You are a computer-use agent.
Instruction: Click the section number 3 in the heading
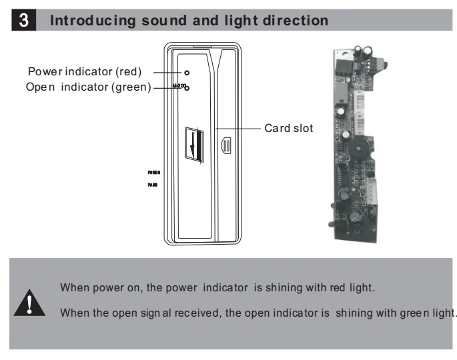[x=24, y=20]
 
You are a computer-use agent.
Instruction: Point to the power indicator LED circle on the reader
[x=187, y=72]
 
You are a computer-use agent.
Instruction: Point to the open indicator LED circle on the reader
[x=187, y=87]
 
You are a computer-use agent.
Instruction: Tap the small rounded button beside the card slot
[x=225, y=145]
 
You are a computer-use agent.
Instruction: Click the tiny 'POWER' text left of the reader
[x=154, y=172]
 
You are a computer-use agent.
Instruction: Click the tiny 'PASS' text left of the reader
[x=153, y=186]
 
